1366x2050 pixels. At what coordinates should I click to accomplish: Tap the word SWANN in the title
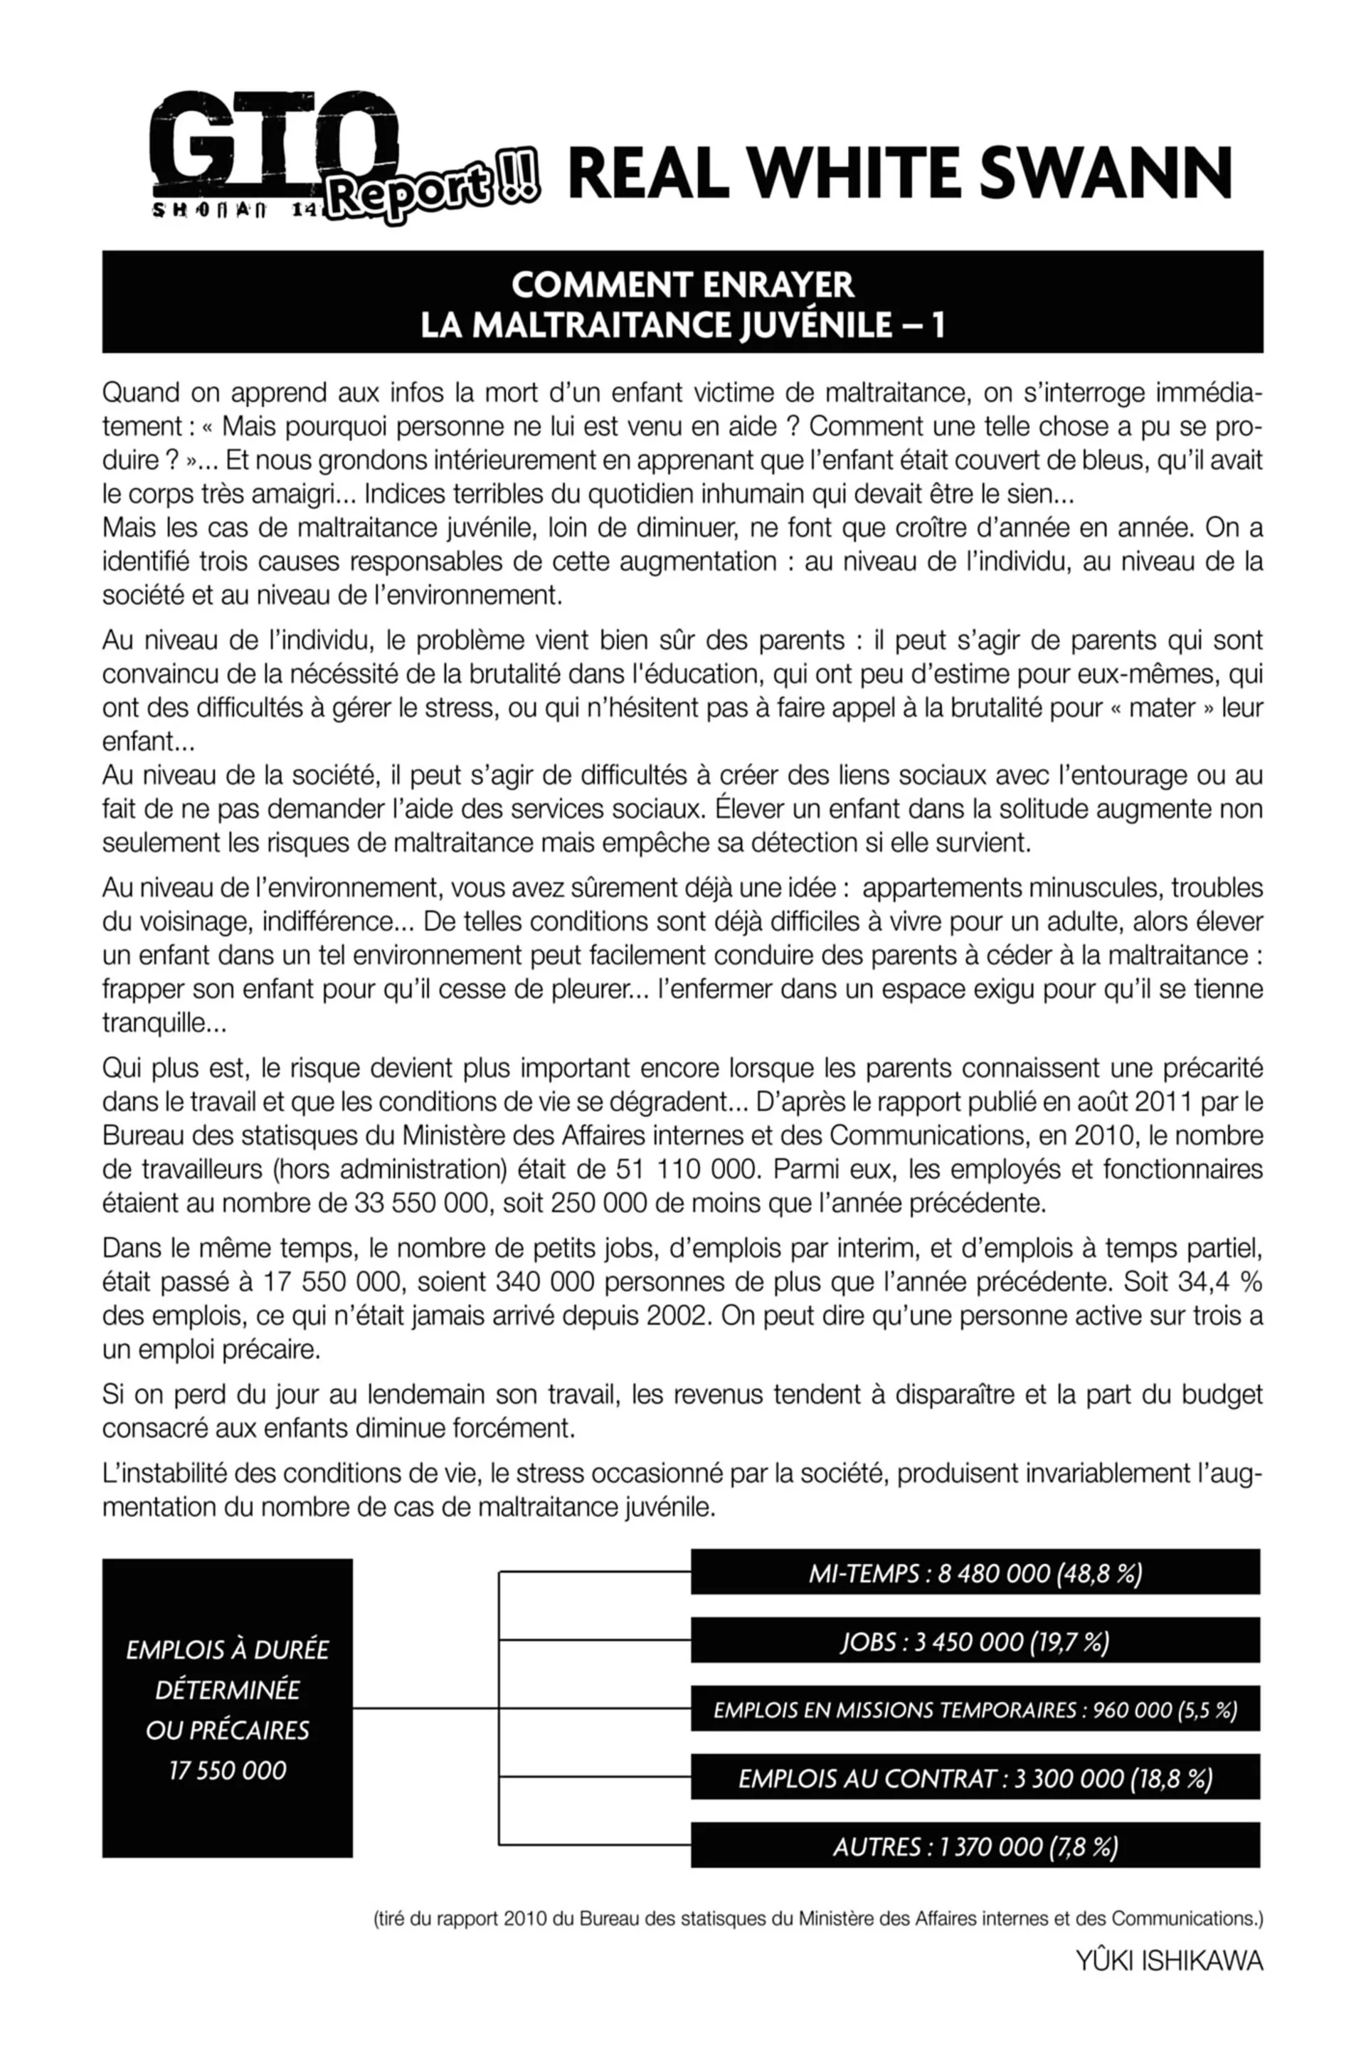[1106, 172]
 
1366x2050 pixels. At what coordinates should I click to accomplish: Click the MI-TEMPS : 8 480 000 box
[975, 1573]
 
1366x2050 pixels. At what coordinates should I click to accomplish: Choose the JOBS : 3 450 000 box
[975, 1642]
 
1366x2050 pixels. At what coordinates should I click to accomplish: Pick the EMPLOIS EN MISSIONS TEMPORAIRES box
[975, 1709]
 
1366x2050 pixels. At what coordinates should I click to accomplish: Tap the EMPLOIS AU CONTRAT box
[975, 1778]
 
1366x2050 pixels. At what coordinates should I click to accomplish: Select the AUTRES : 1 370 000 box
[975, 1846]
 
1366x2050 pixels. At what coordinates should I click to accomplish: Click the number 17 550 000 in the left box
[228, 1770]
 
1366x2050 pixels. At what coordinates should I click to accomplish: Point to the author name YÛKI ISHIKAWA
[1169, 1961]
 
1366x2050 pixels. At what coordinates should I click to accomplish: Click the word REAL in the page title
[648, 172]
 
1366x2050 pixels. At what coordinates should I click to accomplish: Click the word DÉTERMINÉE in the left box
[228, 1689]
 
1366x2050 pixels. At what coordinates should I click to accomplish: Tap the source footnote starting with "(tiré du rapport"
[818, 1918]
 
